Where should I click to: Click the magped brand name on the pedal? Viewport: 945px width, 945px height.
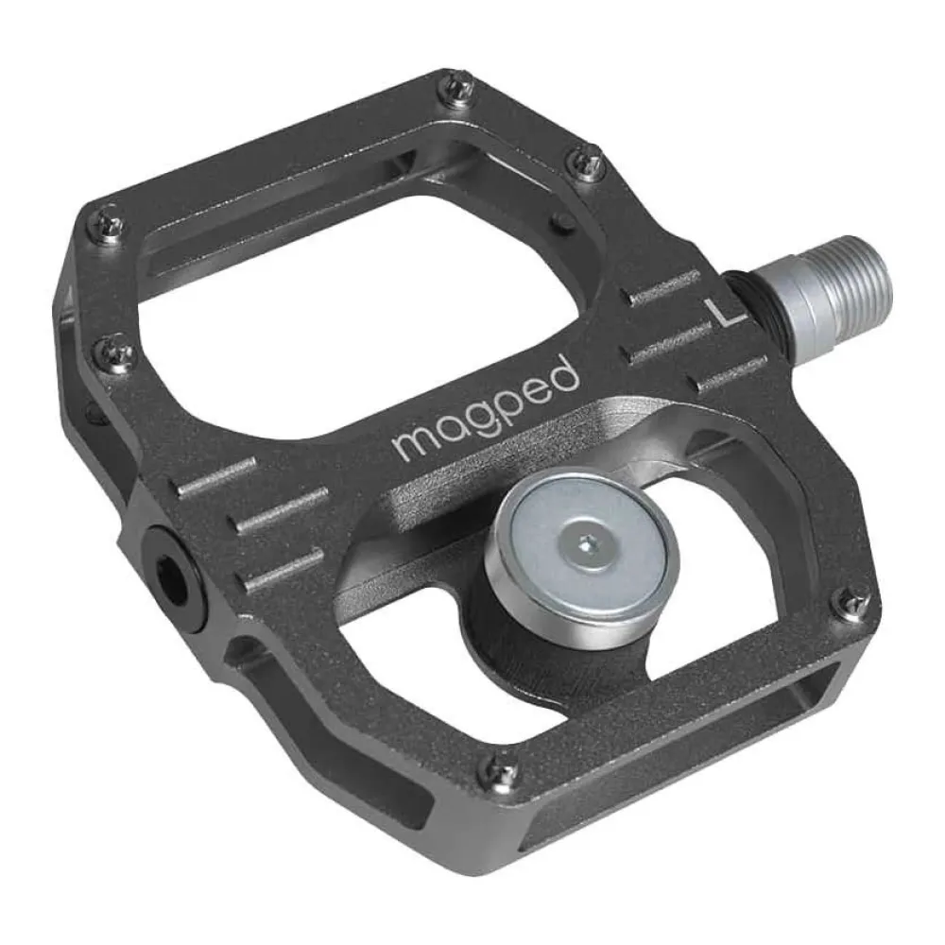pos(486,411)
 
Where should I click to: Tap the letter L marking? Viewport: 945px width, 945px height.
pos(728,315)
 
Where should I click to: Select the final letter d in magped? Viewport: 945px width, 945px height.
pos(565,376)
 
